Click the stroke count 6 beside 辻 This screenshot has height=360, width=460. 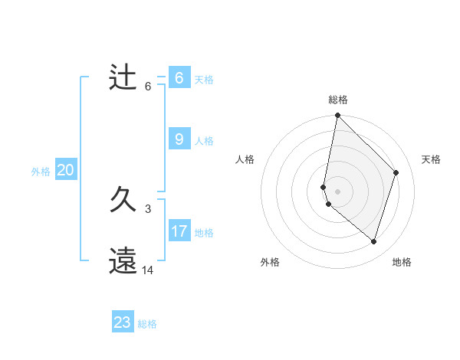(x=148, y=87)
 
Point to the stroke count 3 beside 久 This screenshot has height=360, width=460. (x=148, y=209)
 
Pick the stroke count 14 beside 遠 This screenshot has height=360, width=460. (x=148, y=270)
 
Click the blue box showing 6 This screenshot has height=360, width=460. (x=179, y=78)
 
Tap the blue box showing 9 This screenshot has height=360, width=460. (x=179, y=139)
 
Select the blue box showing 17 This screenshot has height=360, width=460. (x=179, y=231)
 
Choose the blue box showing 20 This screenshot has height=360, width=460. (x=66, y=170)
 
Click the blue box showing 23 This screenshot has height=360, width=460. (x=123, y=322)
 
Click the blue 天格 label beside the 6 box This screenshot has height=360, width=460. (x=204, y=80)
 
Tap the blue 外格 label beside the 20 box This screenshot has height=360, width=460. (x=41, y=172)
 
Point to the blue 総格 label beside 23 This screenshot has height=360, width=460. (x=147, y=324)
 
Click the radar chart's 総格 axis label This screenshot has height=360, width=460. (x=338, y=100)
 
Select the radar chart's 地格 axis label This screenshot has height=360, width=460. (x=402, y=263)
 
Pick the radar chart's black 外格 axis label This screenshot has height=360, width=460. (x=270, y=263)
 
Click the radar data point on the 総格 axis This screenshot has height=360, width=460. (x=338, y=116)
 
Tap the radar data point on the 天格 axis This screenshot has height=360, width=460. (x=396, y=172)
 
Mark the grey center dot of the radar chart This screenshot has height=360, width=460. (x=338, y=191)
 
